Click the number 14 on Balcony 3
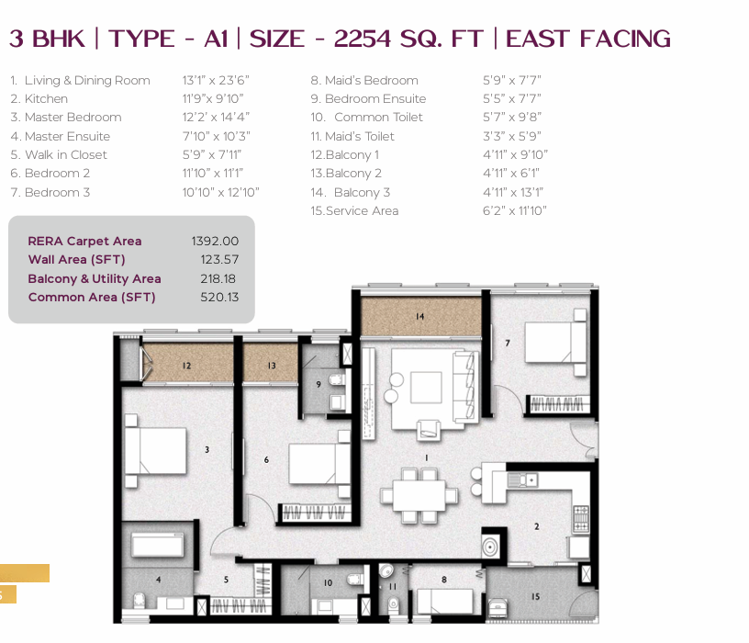tap(419, 317)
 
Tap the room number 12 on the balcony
tap(186, 366)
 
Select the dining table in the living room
tap(419, 495)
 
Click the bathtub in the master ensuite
tap(158, 545)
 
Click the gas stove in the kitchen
tap(580, 519)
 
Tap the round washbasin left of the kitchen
tap(490, 546)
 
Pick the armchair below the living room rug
tap(428, 430)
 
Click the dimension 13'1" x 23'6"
tap(216, 80)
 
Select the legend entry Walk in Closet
tap(65, 155)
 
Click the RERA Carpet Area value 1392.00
tap(215, 241)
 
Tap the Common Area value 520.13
tap(219, 298)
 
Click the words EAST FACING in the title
tap(588, 39)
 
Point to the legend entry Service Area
tap(362, 211)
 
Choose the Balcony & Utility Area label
tap(95, 278)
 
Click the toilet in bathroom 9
tap(336, 380)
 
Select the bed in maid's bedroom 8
tap(444, 601)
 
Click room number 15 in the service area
tap(535, 597)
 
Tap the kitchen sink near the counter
tap(523, 479)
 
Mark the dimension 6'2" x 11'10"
tap(514, 211)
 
